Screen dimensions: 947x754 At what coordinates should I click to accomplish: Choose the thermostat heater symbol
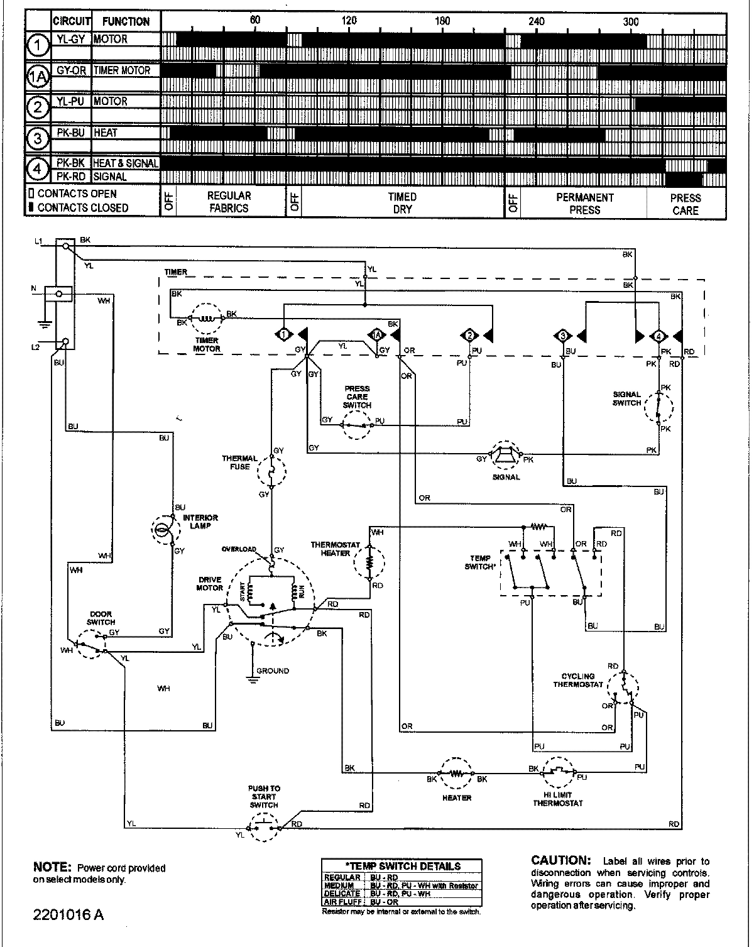[370, 558]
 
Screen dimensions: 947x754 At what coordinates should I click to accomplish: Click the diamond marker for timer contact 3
[561, 336]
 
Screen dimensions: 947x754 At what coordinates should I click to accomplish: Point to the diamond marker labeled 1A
[376, 336]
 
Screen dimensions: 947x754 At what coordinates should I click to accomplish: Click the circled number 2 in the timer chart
[39, 107]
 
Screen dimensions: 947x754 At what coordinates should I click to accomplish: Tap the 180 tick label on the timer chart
[442, 21]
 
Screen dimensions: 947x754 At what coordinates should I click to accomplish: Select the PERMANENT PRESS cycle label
[584, 203]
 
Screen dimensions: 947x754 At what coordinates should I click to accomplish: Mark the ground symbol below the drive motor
[253, 677]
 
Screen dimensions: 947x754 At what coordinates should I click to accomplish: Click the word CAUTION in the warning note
[560, 860]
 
